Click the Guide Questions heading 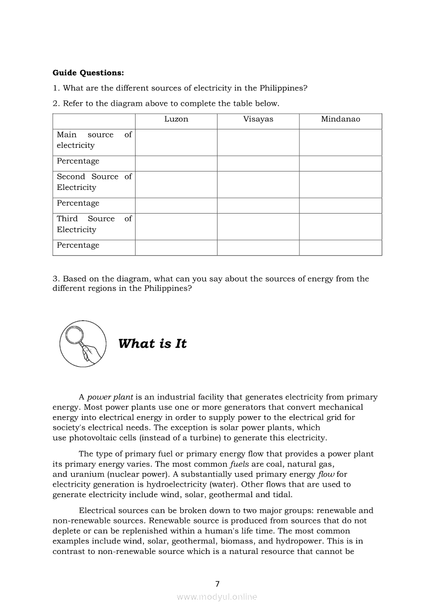(88, 73)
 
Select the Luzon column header (176, 119)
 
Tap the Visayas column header (258, 119)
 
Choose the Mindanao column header (340, 119)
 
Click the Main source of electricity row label (94, 140)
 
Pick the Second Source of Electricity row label (94, 182)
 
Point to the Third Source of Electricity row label (94, 224)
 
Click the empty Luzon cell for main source (176, 142)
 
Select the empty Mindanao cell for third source (340, 226)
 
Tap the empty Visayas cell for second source (258, 184)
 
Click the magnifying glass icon (82, 344)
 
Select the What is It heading (152, 344)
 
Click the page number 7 (217, 583)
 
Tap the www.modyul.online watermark (217, 597)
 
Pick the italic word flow (325, 474)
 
